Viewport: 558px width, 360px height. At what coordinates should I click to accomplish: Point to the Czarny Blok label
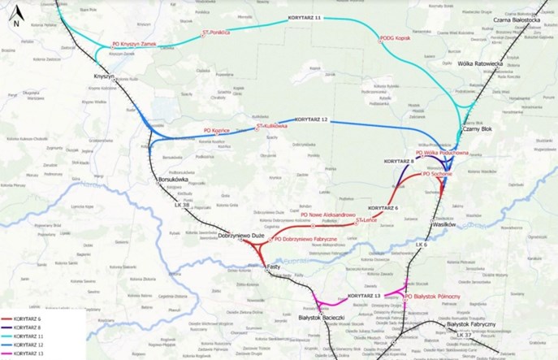[x=476, y=129]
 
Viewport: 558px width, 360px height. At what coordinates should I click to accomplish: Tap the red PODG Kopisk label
[x=395, y=37]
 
